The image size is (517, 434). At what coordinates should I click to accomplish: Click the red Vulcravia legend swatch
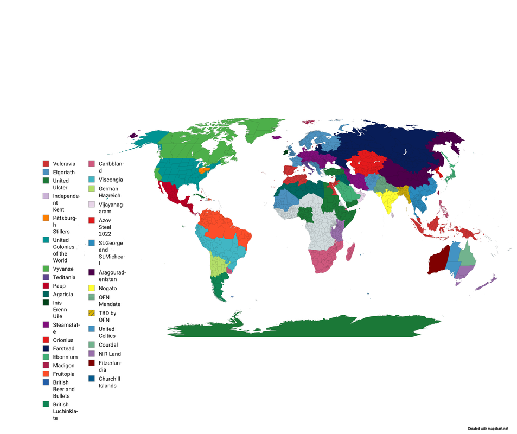(x=46, y=164)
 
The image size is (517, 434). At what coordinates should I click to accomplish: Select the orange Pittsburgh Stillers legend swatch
(x=46, y=218)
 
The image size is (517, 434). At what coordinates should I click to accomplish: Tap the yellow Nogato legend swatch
(x=92, y=289)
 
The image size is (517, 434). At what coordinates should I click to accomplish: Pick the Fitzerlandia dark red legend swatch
(x=92, y=362)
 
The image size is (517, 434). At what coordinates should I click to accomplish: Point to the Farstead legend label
(x=64, y=348)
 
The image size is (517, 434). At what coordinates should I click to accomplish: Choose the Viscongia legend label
(x=111, y=180)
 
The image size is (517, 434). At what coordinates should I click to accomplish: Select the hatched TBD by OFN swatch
(x=92, y=313)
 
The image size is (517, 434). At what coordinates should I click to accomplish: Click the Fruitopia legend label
(x=64, y=374)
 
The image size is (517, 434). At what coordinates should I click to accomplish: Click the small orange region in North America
(x=204, y=170)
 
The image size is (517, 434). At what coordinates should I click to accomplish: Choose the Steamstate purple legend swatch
(x=46, y=324)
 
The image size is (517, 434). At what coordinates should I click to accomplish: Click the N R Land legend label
(x=110, y=354)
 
